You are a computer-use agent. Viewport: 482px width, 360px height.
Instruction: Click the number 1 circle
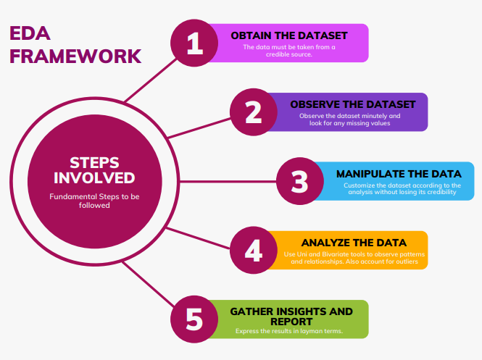click(x=194, y=43)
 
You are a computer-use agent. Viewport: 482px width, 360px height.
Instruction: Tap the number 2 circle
click(x=254, y=112)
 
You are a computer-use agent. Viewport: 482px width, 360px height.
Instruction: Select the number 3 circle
click(x=300, y=180)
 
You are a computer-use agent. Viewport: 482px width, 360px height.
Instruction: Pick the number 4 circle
click(x=253, y=250)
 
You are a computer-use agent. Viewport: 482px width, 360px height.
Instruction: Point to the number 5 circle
click(x=194, y=319)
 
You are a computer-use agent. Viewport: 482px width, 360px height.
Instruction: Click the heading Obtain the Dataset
click(x=289, y=35)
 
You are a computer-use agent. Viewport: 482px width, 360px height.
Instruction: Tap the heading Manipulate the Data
click(x=399, y=175)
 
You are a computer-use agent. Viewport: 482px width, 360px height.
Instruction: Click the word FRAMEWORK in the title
click(x=75, y=56)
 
